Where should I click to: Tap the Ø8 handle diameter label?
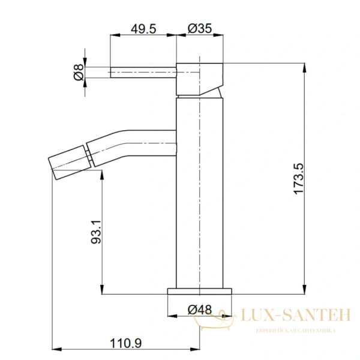coord(77,71)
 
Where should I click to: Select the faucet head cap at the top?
coord(200,78)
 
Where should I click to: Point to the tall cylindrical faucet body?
coord(200,192)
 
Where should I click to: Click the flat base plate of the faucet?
coord(200,290)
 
